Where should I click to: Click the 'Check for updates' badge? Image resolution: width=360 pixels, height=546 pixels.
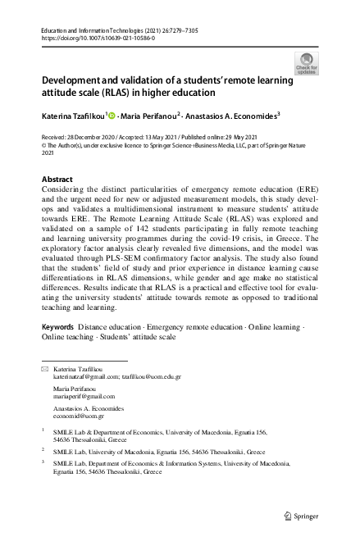pos(308,63)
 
